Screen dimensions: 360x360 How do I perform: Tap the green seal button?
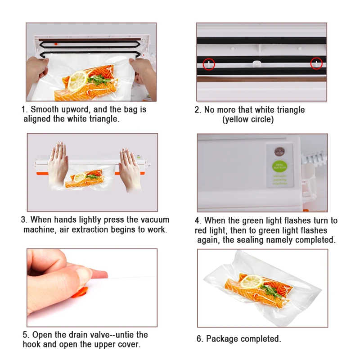pyautogui.click(x=279, y=166)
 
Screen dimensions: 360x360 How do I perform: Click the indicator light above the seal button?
pyautogui.click(x=279, y=152)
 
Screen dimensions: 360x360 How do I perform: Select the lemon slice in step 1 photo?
pyautogui.click(x=77, y=81)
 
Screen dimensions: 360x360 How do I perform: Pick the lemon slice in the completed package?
pyautogui.click(x=252, y=282)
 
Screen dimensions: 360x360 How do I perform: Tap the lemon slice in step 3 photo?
pyautogui.click(x=80, y=177)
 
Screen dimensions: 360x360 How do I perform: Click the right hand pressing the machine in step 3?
pyautogui.click(x=130, y=169)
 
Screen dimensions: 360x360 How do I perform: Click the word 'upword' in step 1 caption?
pyautogui.click(x=76, y=109)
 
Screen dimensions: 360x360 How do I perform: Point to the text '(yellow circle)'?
pyautogui.click(x=248, y=119)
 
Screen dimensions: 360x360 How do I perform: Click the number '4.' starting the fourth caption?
pyautogui.click(x=198, y=220)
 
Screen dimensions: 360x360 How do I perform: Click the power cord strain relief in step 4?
pyautogui.click(x=314, y=159)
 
